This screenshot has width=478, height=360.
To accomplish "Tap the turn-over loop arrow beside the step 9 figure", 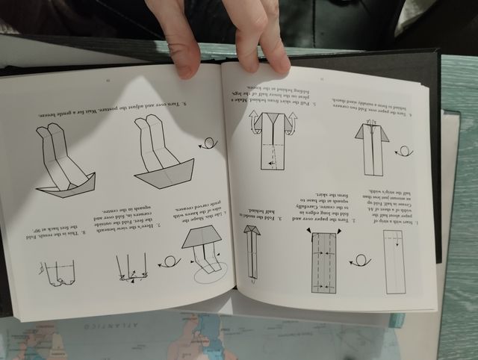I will click(x=208, y=143).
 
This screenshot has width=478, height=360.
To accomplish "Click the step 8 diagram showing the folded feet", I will click(x=60, y=273).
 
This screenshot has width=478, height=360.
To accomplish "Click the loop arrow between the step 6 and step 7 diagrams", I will click(x=170, y=261).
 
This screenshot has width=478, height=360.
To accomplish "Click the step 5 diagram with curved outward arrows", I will click(x=271, y=138).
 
